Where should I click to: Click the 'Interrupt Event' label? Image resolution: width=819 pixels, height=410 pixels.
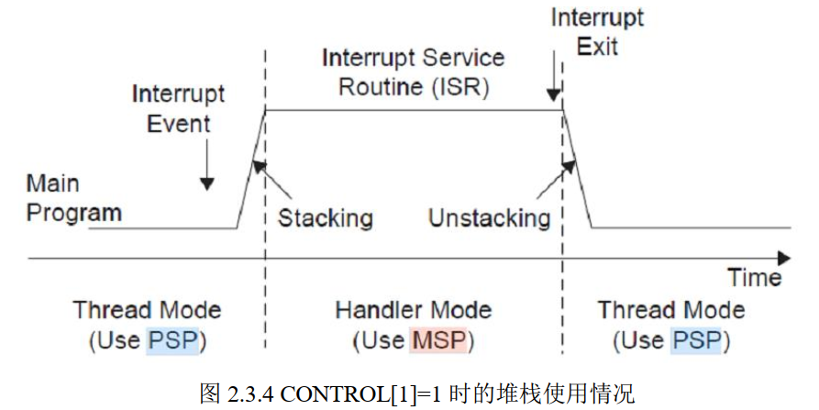tap(178, 108)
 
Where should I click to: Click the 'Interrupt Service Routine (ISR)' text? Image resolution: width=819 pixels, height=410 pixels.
tap(413, 72)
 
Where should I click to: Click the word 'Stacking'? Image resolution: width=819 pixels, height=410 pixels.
tap(325, 217)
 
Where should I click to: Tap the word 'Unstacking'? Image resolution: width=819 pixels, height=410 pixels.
tap(489, 217)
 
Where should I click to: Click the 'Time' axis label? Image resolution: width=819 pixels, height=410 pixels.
tap(754, 277)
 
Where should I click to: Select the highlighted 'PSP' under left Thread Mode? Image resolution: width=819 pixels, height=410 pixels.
tap(171, 342)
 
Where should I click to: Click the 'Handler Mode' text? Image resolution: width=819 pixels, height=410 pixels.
tap(413, 310)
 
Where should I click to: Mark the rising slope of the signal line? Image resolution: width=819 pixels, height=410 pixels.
tap(250, 169)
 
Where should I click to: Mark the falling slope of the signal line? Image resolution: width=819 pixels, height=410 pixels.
tap(576, 169)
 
